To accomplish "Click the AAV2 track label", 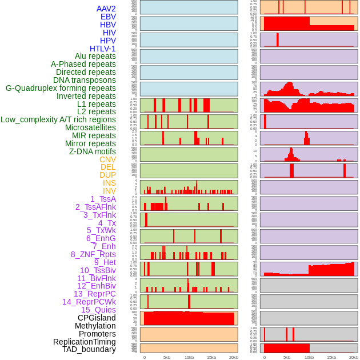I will (106, 9).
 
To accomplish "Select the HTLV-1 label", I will (103, 49).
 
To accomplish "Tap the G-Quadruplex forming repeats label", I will (61, 88).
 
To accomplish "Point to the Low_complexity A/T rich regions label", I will (58, 119).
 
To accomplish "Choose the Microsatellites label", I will (90, 127).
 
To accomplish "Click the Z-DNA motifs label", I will (93, 151).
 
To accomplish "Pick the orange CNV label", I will (107, 159).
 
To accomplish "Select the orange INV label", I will (109, 191).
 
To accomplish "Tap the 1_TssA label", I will (103, 199).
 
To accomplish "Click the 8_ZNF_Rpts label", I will (93, 254).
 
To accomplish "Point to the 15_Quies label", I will (98, 310).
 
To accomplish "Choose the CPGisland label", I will (97, 318).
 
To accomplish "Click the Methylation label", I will (95, 326).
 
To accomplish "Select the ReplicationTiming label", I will (85, 342).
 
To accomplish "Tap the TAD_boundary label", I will (89, 349).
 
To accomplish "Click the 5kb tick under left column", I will (167, 357).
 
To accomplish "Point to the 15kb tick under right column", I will (331, 357).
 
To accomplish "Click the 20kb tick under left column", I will (233, 357).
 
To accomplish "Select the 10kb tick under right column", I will (309, 357).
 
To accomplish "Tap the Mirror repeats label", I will (90, 143).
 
